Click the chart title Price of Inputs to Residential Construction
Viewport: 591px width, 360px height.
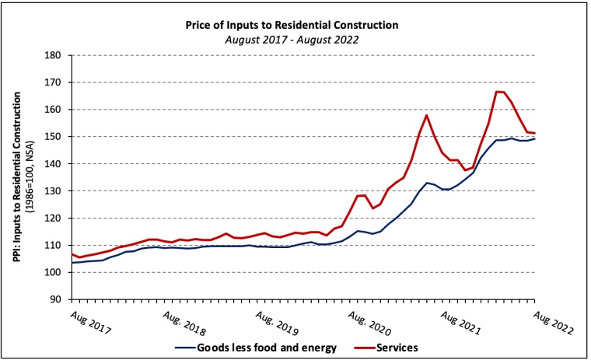pyautogui.click(x=292, y=25)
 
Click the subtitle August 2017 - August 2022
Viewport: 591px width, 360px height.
pyautogui.click(x=292, y=38)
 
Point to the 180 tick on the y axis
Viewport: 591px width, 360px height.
pyautogui.click(x=53, y=55)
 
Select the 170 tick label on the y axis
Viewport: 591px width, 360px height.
pyautogui.click(x=53, y=82)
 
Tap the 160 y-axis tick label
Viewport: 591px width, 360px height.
pyautogui.click(x=53, y=110)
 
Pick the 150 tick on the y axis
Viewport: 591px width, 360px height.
pyautogui.click(x=53, y=137)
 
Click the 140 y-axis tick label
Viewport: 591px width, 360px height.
pyautogui.click(x=53, y=164)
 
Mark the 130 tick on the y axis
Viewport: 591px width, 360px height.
pyautogui.click(x=53, y=191)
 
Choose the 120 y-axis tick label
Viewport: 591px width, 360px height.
pyautogui.click(x=53, y=218)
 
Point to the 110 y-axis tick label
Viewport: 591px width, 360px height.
pyautogui.click(x=53, y=246)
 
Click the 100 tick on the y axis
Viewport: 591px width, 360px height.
pyautogui.click(x=53, y=273)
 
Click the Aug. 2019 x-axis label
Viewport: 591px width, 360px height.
pyautogui.click(x=276, y=323)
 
